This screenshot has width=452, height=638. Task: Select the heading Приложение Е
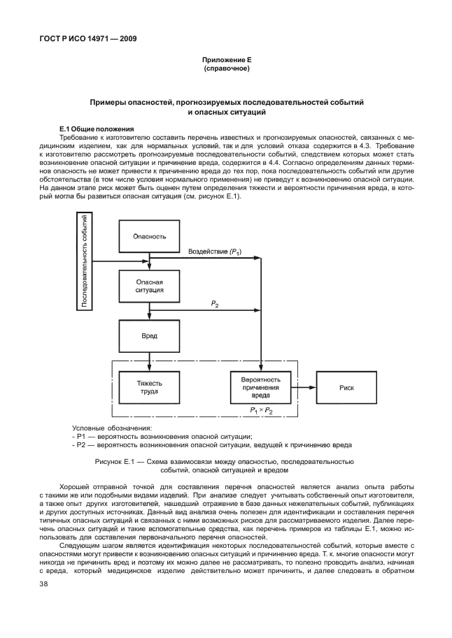tap(226, 61)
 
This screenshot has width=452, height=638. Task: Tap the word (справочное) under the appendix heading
tap(226, 69)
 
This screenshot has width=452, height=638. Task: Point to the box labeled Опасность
tap(149, 236)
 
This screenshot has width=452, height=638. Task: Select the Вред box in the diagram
tap(149, 335)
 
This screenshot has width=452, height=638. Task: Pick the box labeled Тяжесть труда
tap(149, 386)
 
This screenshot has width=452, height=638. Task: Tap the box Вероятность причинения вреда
tap(260, 386)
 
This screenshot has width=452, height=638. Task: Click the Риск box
tap(346, 386)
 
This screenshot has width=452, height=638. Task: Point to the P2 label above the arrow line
tap(215, 303)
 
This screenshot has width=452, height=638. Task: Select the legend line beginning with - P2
tap(212, 444)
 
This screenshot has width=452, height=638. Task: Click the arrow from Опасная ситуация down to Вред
tap(149, 311)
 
